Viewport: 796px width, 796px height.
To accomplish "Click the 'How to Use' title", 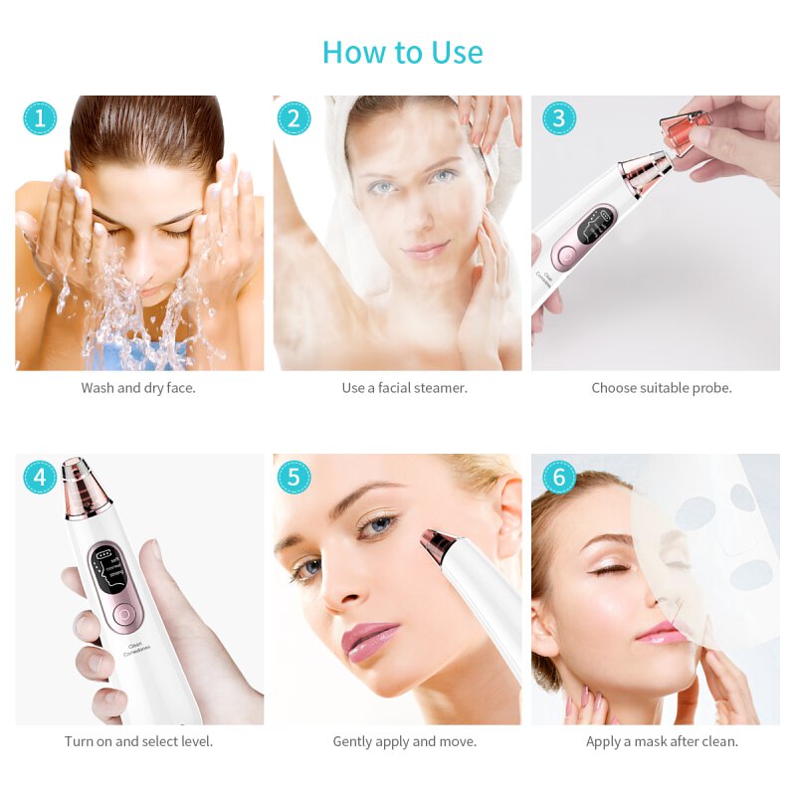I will click(403, 52).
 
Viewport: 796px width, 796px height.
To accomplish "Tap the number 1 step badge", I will click(40, 118).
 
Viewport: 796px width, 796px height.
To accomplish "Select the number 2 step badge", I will click(294, 118).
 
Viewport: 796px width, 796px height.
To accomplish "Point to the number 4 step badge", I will click(40, 478).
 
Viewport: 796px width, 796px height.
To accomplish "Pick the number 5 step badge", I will click(294, 478).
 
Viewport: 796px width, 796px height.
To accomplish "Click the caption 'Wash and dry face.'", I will click(138, 388).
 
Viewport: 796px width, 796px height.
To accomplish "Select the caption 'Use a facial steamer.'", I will click(404, 388).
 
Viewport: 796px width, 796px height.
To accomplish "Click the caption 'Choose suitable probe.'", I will click(662, 388).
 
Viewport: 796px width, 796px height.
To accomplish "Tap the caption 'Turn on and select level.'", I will click(138, 741).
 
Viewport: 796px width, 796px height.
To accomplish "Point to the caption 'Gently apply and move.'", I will click(404, 741).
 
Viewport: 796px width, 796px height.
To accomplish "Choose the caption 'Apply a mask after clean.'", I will click(662, 741).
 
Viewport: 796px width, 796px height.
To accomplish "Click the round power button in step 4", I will click(120, 615).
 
